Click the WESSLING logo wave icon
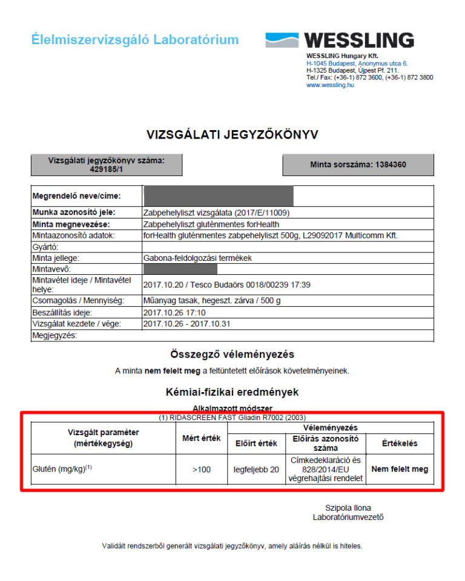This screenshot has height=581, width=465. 282,41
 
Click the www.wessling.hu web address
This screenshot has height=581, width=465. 330,85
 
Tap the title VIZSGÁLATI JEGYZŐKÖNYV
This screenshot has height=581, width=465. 232,134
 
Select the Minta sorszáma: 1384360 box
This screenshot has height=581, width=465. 358,165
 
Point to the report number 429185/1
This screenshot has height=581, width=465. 107,169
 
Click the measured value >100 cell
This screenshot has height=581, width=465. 202,469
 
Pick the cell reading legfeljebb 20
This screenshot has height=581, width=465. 256,469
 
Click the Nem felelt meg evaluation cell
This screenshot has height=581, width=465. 400,469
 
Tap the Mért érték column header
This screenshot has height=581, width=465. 202,438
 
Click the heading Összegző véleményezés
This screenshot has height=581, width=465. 232,354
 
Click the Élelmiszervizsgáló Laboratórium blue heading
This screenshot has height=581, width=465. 135,41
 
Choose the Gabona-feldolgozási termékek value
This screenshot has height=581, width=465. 197,258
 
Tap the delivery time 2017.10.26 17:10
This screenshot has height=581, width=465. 175,313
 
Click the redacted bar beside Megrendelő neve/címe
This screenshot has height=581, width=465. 218,196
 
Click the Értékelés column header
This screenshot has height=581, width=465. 400,443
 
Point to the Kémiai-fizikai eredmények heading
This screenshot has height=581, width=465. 232,392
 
